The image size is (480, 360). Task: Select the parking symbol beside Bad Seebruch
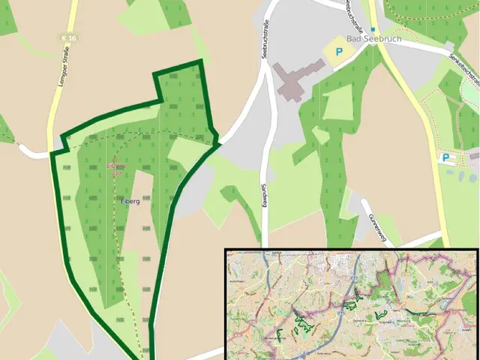tap(339, 52)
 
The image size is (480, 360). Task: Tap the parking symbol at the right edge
tap(446, 157)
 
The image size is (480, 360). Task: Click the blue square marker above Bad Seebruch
tap(373, 29)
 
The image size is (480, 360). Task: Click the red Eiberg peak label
tap(114, 165)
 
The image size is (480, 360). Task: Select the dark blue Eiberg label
tap(130, 201)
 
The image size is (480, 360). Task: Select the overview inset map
tap(352, 304)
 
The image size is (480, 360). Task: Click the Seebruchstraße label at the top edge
tap(349, 13)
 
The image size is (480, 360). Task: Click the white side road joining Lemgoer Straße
tap(34, 153)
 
